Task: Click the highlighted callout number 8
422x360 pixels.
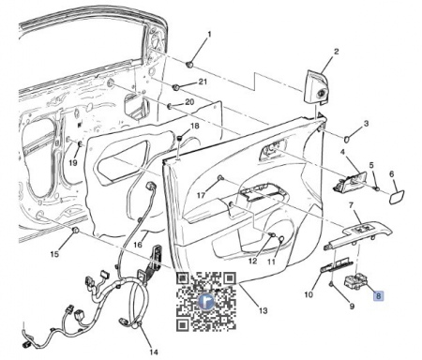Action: tap(378, 295)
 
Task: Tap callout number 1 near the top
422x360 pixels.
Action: tap(209, 34)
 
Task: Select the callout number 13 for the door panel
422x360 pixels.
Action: tap(264, 310)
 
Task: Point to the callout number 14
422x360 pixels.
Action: tap(154, 352)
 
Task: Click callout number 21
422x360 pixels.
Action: tap(203, 82)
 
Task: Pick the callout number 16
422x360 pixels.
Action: tap(138, 245)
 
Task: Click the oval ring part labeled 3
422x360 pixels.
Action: tap(347, 139)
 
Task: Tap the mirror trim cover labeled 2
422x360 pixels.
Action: tap(316, 87)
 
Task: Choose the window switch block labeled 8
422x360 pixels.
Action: tap(355, 281)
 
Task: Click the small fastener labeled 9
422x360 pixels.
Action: tap(332, 284)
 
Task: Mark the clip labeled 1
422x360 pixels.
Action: tap(189, 65)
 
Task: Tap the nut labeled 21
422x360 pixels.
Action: tap(176, 87)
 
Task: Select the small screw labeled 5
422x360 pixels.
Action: tap(377, 188)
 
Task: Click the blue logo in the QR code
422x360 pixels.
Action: tap(206, 302)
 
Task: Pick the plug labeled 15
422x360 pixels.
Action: tap(75, 231)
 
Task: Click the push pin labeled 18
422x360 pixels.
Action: tap(179, 138)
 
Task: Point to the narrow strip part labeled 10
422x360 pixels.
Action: tap(337, 265)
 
